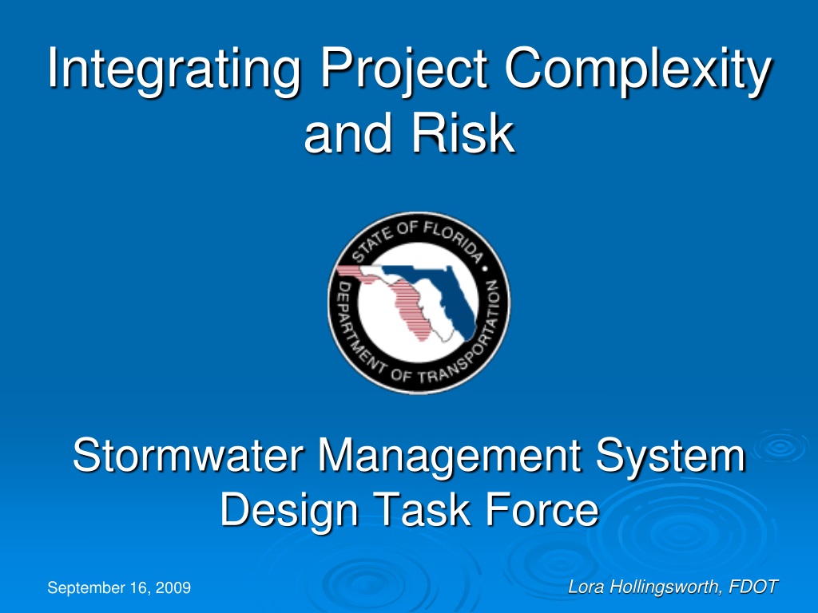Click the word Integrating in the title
173,70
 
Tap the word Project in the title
403,70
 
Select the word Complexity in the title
637,70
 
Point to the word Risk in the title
463,133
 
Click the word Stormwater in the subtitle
189,455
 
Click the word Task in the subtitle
422,509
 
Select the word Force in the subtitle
542,509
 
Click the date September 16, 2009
119,588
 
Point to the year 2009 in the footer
173,587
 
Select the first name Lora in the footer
586,587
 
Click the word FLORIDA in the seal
453,240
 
